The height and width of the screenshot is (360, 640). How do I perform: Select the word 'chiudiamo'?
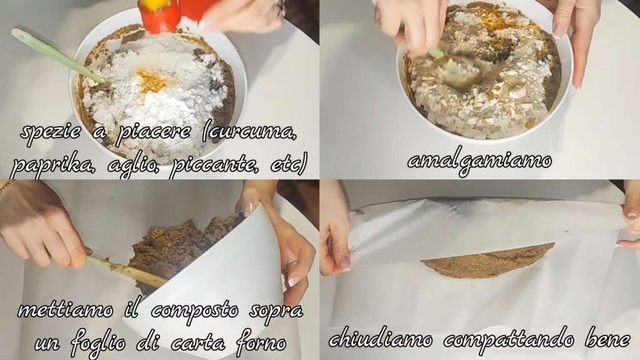point(381,339)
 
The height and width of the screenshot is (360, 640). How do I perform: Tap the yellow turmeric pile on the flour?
point(152,81)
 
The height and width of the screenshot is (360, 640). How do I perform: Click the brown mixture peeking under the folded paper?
point(487,261)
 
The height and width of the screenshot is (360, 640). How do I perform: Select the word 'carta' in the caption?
point(198,344)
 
